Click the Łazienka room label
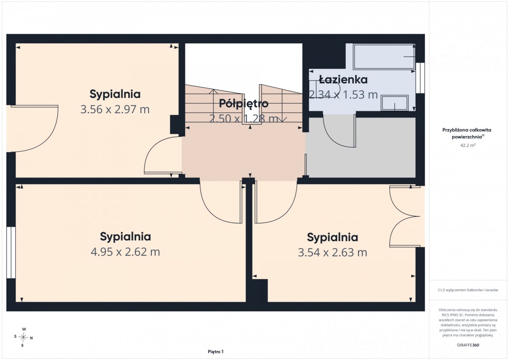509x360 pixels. [343, 79]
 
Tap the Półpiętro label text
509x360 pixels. [243, 103]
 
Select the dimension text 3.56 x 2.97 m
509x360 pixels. [115, 109]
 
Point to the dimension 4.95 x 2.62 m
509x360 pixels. [126, 252]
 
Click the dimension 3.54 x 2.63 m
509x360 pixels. [333, 253]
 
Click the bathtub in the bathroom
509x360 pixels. [384, 56]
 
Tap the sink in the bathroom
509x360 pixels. [394, 103]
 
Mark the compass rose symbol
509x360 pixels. [23, 337]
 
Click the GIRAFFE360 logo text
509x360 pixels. [468, 345]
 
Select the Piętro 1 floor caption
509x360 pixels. [215, 352]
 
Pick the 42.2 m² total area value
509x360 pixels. [468, 145]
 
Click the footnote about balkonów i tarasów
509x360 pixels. [468, 290]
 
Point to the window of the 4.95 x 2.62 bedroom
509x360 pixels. [11, 252]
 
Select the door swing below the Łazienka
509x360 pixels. [339, 130]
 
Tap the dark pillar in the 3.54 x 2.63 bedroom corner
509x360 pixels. [260, 290]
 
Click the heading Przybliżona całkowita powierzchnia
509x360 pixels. [467, 133]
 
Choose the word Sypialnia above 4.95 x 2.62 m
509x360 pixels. [126, 237]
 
